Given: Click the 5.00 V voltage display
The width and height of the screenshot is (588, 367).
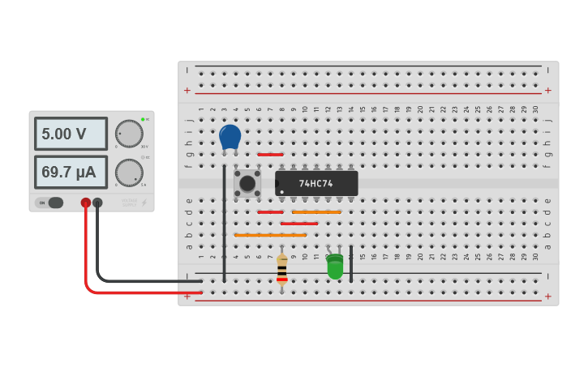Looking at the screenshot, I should tap(71, 134).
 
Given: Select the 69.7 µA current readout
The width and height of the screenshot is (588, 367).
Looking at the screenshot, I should tap(71, 172).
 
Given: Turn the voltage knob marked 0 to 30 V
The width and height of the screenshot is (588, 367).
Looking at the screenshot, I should tap(129, 134).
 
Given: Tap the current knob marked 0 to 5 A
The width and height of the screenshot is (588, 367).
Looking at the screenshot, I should tap(129, 172).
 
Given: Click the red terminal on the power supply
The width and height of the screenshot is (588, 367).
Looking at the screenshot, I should tap(85, 203).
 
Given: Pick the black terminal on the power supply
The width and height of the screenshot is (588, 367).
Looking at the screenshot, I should tap(97, 203).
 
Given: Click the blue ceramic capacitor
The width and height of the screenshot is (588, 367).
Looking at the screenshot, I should tap(230, 136).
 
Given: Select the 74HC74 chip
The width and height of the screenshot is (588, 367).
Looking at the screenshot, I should tap(316, 183).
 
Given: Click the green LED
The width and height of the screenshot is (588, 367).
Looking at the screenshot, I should tap(335, 267).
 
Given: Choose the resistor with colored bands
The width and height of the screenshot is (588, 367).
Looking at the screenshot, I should tap(281, 269).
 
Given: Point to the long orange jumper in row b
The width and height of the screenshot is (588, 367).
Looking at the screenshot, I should tap(270, 235).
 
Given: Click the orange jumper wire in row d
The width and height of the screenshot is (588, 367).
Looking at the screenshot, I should tap(316, 212).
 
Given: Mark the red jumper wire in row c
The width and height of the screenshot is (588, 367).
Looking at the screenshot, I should tap(298, 224).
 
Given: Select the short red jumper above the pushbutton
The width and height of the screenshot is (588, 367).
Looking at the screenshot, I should tap(270, 154).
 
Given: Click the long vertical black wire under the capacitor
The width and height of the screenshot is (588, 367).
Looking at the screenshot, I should tap(225, 223).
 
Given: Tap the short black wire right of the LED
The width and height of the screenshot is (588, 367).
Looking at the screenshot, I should tap(351, 263).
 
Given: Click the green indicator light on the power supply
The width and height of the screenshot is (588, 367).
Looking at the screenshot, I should tap(143, 119).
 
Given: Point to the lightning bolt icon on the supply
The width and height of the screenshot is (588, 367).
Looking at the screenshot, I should tap(144, 203).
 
